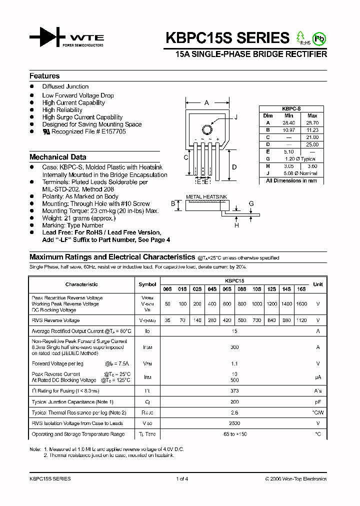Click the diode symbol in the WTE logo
point(45,38)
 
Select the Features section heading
point(44,76)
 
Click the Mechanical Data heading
point(57,157)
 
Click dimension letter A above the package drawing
point(206,103)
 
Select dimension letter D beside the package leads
point(234,167)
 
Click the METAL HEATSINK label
point(206,197)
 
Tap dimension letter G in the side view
point(251,204)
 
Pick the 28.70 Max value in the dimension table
point(312,122)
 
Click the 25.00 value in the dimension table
point(312,144)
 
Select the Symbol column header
point(147,284)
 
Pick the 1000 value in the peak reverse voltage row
point(256,304)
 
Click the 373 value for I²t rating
point(234,391)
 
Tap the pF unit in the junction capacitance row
point(317,402)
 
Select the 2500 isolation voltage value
point(234,423)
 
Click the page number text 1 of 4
point(182,479)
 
